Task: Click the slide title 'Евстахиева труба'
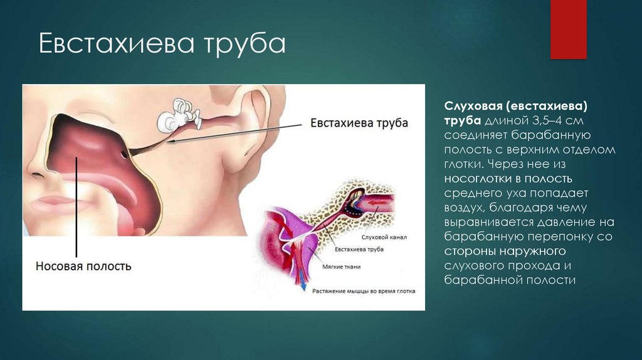coord(162,45)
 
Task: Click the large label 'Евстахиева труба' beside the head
coord(359,122)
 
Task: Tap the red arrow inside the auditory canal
coord(379,202)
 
